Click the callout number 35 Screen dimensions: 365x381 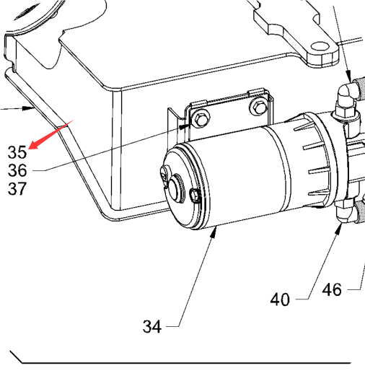click(x=17, y=152)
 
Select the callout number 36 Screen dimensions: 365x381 click(x=17, y=170)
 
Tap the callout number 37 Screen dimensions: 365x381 click(x=17, y=188)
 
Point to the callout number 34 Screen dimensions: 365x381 click(x=152, y=326)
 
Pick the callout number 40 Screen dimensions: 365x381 click(x=280, y=299)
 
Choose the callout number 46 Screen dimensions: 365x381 click(x=332, y=289)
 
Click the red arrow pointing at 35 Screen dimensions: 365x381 click(x=51, y=134)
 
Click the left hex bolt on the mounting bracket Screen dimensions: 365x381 click(x=201, y=119)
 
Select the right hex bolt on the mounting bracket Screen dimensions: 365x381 click(x=258, y=107)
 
